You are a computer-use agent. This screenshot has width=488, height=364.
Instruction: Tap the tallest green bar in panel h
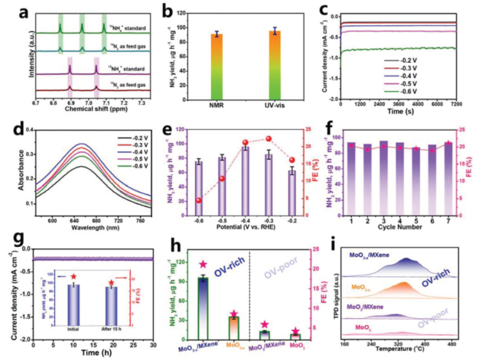pos(203,307)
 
